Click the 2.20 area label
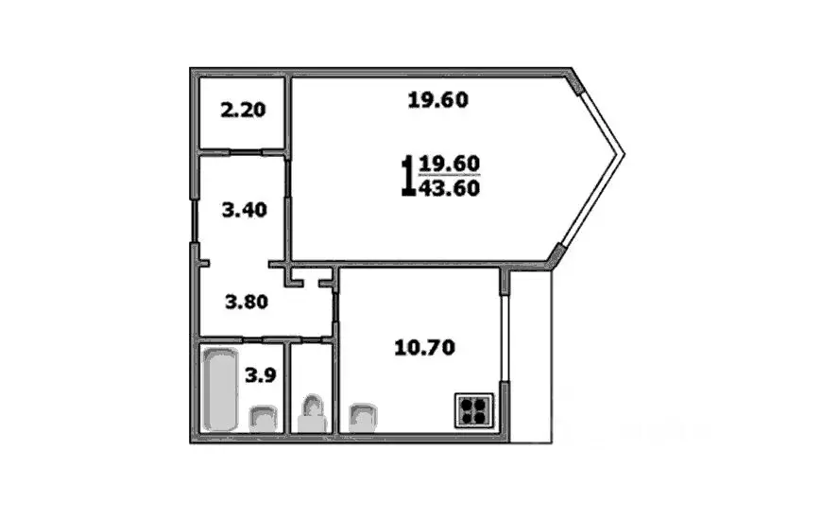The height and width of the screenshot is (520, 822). coord(243,111)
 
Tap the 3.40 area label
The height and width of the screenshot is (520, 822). coord(244,210)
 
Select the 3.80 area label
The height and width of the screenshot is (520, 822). coord(246,303)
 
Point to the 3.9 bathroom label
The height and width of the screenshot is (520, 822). coord(260,374)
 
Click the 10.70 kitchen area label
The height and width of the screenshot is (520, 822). coord(424,348)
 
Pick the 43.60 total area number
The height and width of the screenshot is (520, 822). coord(450,188)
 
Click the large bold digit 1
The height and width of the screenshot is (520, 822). coord(407,175)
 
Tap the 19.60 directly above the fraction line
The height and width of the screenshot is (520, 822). coord(450,165)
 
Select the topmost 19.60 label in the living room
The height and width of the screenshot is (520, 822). coord(438,98)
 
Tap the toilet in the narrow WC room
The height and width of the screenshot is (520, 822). coord(312,415)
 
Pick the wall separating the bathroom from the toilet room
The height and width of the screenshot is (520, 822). coord(287,388)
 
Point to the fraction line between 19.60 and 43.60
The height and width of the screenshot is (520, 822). coord(450,177)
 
